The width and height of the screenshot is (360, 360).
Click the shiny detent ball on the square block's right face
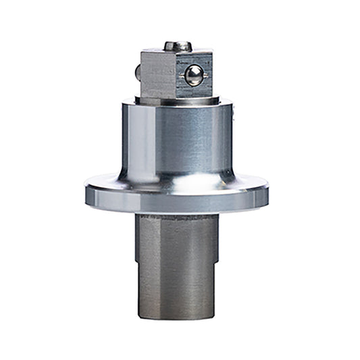coord(194,75)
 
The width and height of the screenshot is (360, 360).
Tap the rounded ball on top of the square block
coord(178,47)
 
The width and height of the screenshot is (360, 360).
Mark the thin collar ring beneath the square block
coord(177,100)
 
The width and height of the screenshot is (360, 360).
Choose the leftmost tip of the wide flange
coord(86,192)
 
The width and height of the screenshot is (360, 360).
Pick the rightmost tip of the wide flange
coord(267,192)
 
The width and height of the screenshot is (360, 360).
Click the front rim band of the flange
coord(177,205)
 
